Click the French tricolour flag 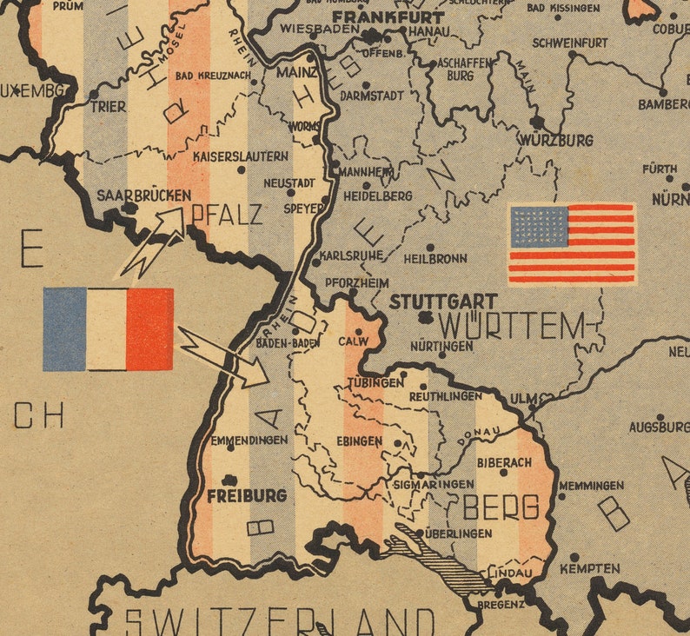point(108,329)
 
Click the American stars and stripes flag point(572,244)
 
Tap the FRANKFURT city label point(388,17)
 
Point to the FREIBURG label point(247,495)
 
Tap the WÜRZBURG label point(556,140)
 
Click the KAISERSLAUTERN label point(241,156)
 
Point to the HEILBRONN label point(435,258)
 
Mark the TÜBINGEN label point(375,382)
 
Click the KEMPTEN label point(590,569)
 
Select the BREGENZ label point(501,603)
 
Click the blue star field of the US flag point(539,226)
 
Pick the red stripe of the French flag point(149,329)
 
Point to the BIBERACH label point(504,462)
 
